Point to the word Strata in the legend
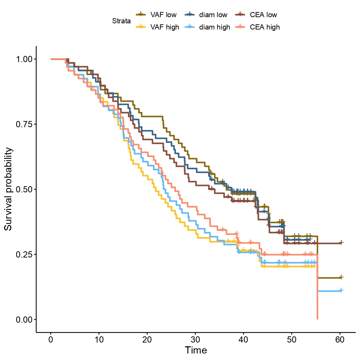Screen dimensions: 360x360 click(121, 21)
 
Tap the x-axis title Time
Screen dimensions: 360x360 click(196, 350)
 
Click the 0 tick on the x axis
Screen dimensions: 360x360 click(51, 340)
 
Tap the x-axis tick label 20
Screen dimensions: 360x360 click(147, 340)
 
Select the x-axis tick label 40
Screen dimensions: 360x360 click(243, 340)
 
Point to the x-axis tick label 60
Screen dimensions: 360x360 click(340, 340)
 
